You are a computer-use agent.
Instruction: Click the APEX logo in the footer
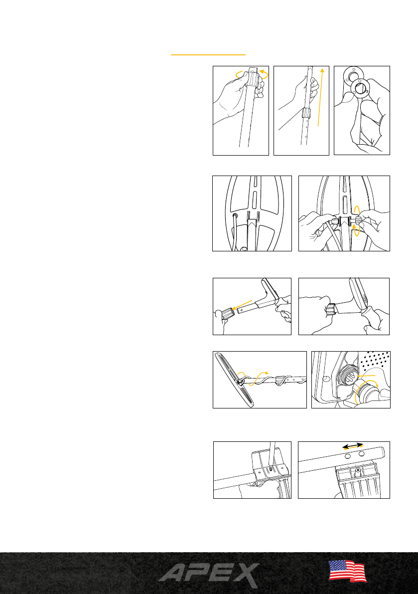tap(209, 575)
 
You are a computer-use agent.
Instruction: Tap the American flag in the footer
tap(347, 571)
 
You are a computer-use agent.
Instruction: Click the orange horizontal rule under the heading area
tap(208, 55)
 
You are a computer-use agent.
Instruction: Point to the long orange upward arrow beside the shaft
tap(321, 97)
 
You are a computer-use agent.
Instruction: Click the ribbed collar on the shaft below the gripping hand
tap(306, 113)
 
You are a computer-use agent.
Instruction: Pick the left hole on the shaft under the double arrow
tap(348, 457)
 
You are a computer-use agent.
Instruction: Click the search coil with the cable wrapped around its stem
tap(234, 380)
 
